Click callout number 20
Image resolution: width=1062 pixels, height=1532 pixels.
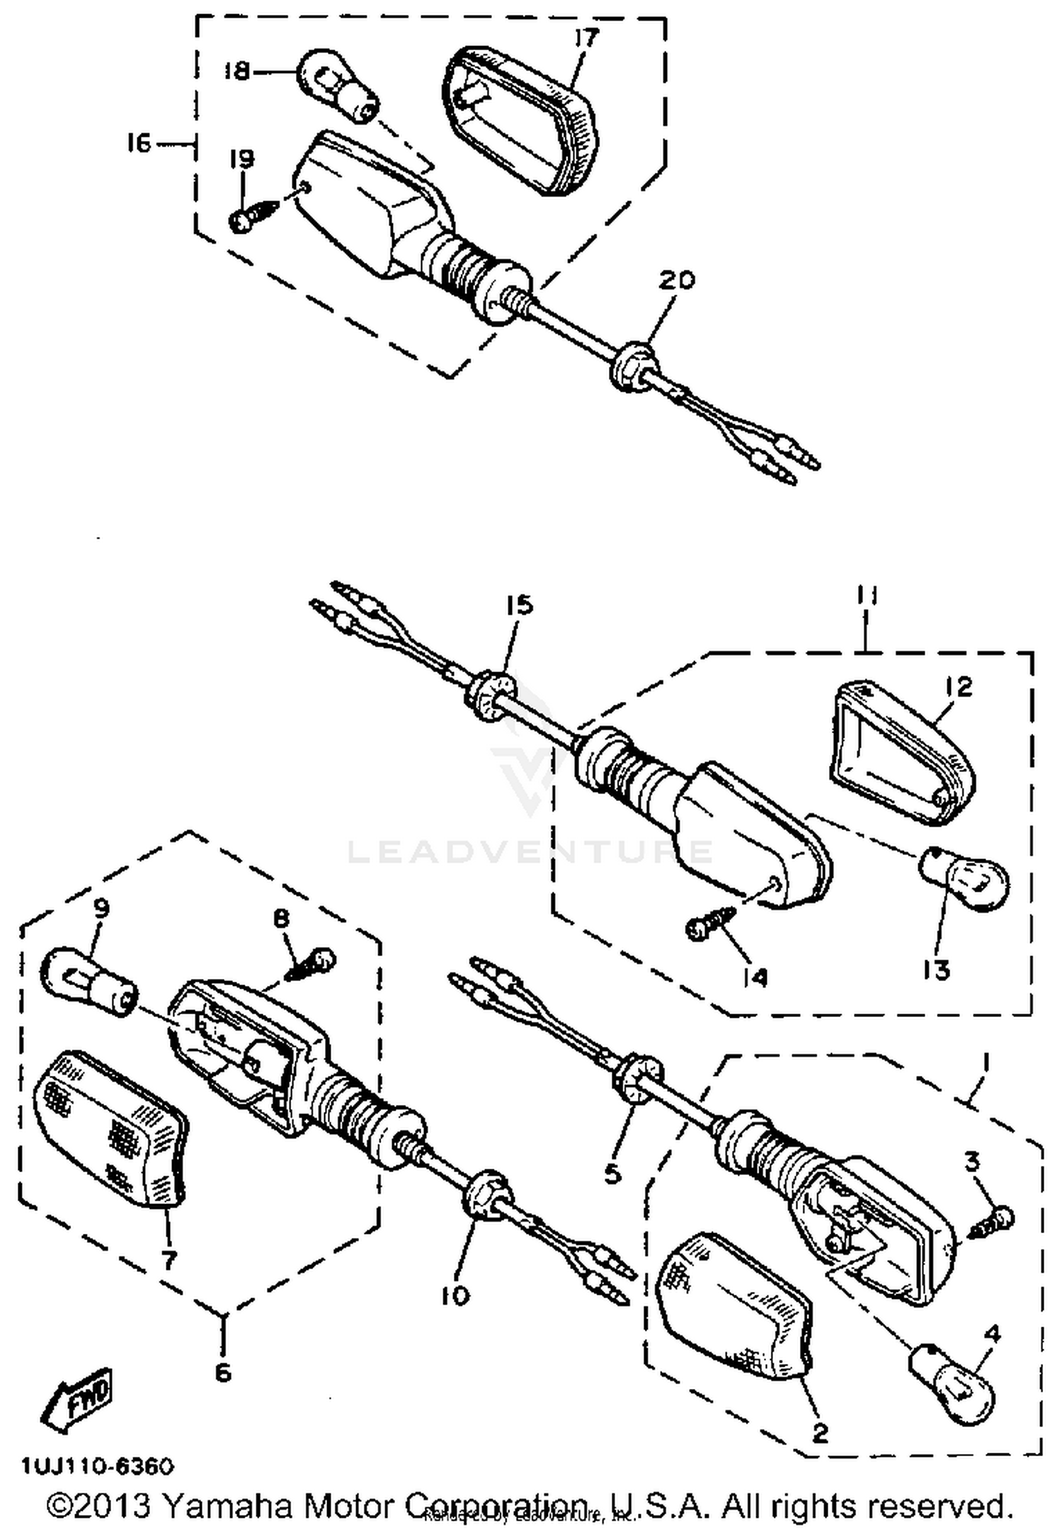(x=677, y=280)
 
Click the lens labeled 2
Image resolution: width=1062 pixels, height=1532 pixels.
(x=735, y=1314)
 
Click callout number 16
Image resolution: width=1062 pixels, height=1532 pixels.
(x=139, y=144)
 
